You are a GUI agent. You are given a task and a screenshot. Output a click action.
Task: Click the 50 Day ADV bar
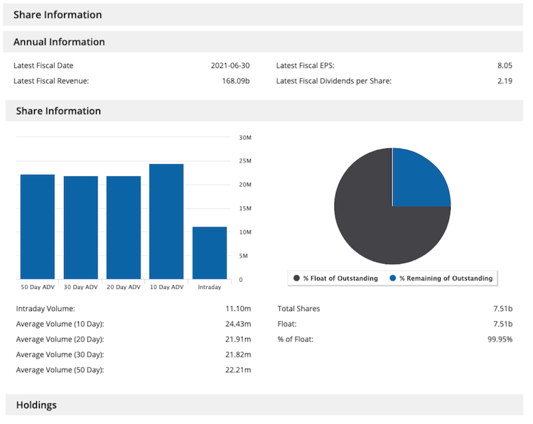tap(38, 227)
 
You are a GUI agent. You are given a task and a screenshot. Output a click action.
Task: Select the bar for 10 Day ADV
tap(166, 222)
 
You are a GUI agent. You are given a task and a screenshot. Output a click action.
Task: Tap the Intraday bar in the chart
tap(210, 253)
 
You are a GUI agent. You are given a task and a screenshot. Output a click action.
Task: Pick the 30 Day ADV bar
tap(80, 227)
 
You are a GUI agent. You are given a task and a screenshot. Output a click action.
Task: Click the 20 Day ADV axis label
tap(124, 287)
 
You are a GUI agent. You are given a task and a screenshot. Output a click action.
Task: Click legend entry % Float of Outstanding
tap(335, 278)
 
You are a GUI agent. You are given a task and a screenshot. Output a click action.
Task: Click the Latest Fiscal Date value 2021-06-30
tap(230, 65)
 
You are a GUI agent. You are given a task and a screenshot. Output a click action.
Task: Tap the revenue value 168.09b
tap(236, 81)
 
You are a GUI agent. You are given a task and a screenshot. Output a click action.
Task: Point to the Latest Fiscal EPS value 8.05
tap(505, 65)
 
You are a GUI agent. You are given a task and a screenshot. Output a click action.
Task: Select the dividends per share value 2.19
tap(505, 81)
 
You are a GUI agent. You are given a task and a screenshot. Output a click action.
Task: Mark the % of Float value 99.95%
tap(499, 339)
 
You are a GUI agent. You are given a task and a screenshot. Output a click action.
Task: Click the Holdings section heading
tap(36, 405)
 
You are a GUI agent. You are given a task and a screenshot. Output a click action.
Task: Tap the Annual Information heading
tap(59, 42)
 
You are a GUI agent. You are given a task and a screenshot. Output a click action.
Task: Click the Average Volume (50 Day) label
tap(60, 370)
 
